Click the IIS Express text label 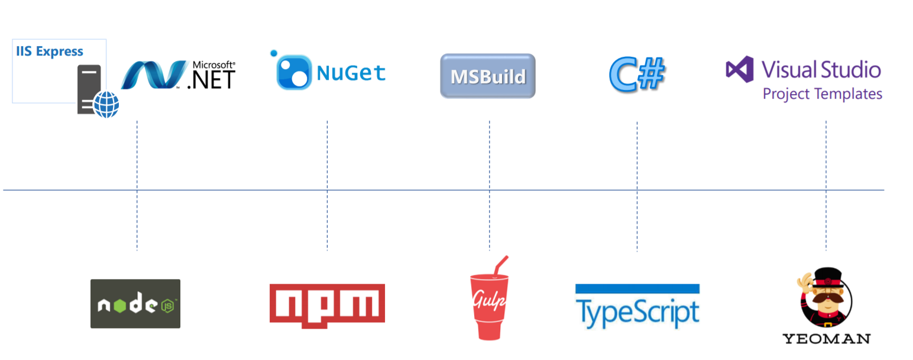49,51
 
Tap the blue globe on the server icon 106,104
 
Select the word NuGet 351,73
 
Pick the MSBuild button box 488,76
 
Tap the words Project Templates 822,94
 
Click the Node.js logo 135,304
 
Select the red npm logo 327,305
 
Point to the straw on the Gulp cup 501,264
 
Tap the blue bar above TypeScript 637,289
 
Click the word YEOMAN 826,339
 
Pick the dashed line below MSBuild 490,154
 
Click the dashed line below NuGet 327,154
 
